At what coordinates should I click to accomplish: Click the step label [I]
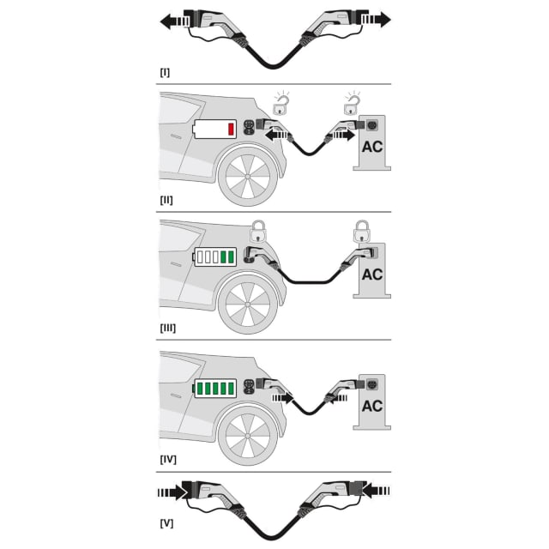point(165,72)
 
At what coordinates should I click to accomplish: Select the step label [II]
point(166,200)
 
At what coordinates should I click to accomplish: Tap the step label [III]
point(168,328)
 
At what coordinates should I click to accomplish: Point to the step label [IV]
point(168,460)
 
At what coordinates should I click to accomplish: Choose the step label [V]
point(166,524)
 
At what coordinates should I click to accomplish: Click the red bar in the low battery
point(231,130)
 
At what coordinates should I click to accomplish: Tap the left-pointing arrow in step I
point(175,21)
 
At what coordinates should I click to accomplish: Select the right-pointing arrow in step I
point(376,19)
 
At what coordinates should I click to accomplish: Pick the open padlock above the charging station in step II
point(353,105)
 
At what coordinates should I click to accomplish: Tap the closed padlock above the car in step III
point(258,232)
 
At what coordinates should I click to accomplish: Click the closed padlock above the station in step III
point(361,232)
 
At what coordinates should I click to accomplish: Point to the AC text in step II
point(372,147)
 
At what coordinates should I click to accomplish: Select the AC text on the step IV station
point(372,406)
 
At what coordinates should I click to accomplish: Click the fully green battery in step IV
point(214,389)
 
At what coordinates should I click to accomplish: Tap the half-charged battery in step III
point(214,256)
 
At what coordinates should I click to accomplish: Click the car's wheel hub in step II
point(248,177)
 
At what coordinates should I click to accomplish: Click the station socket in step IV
point(371,384)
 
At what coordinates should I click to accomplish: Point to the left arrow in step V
point(172,492)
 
